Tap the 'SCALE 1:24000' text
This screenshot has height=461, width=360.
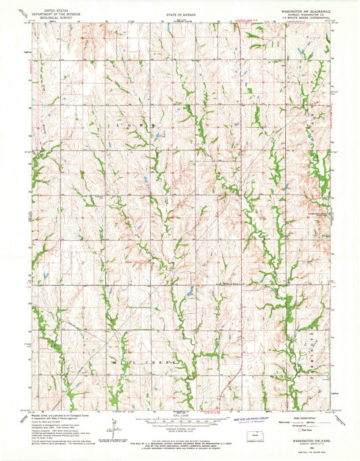click(180, 415)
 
